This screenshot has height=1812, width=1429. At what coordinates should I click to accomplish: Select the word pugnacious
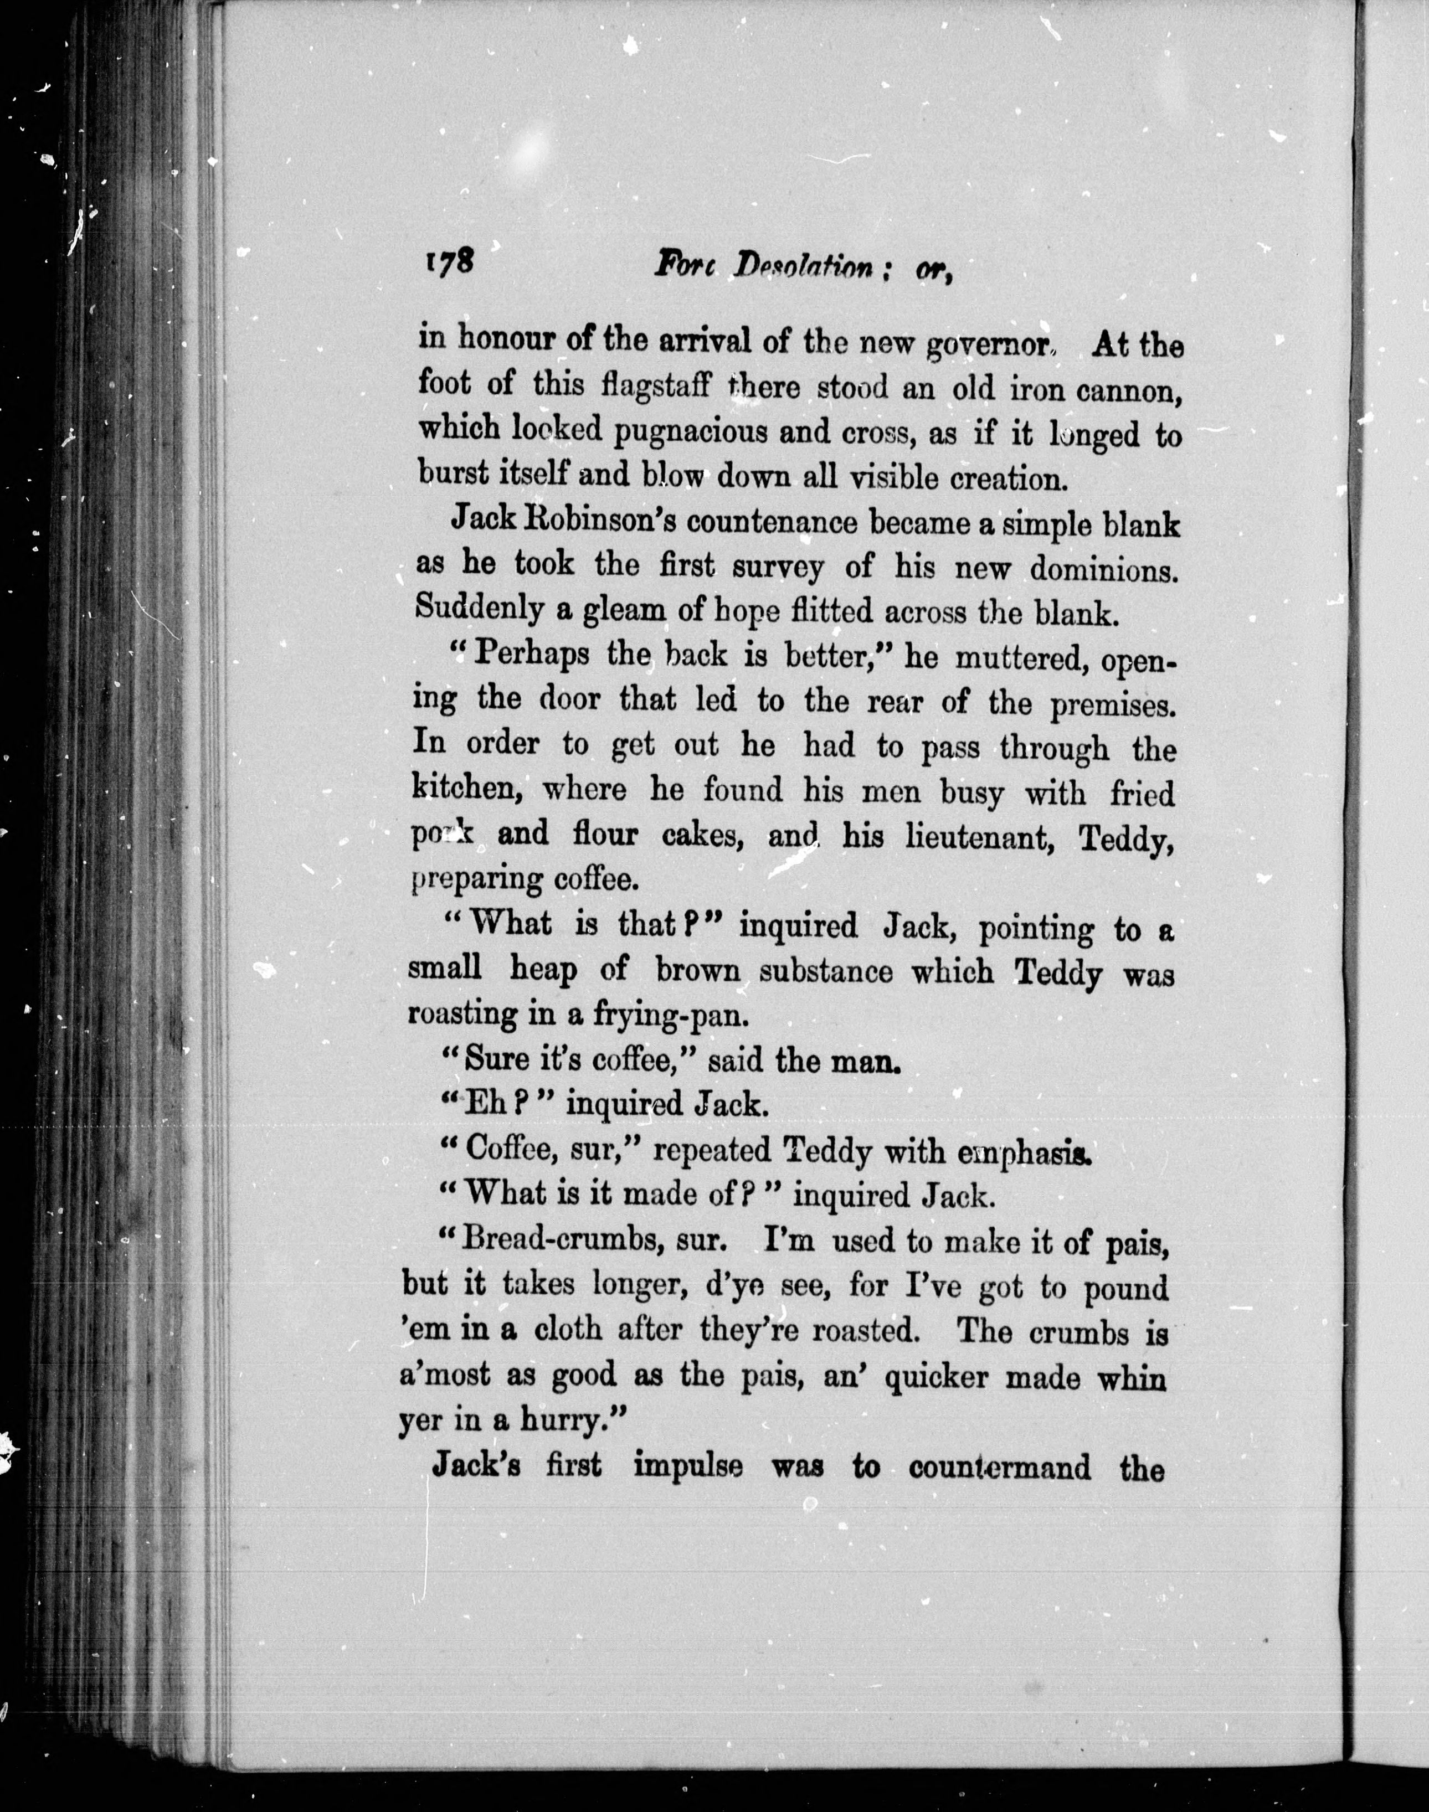point(690,433)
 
